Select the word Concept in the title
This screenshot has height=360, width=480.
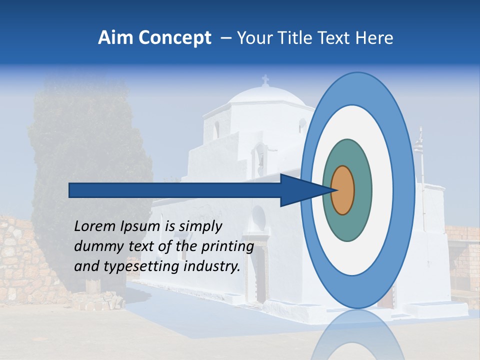point(175,38)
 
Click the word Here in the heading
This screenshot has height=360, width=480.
point(374,38)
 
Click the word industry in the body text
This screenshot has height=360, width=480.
point(212,266)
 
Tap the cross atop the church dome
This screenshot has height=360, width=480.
point(265,80)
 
